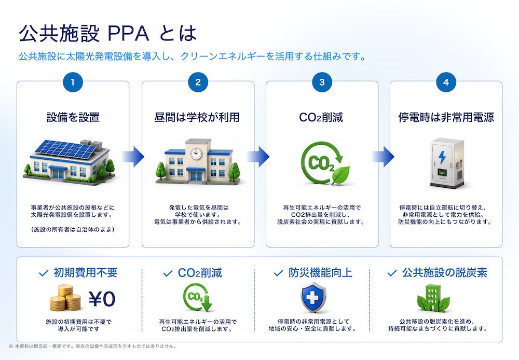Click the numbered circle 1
(73, 82)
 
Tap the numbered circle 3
(322, 82)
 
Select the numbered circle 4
(446, 82)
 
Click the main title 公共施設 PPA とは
(107, 33)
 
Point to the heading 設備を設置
(73, 117)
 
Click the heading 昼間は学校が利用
(197, 117)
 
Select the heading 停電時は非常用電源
(446, 117)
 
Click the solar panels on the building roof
(66, 149)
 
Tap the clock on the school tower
(196, 153)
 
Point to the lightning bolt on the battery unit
(442, 157)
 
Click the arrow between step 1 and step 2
(133, 157)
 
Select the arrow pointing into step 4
(383, 157)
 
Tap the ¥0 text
(102, 299)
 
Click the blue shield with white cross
(313, 297)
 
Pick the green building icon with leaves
(433, 298)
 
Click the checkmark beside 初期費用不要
(44, 273)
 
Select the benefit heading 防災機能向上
(320, 273)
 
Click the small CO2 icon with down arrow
(198, 297)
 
